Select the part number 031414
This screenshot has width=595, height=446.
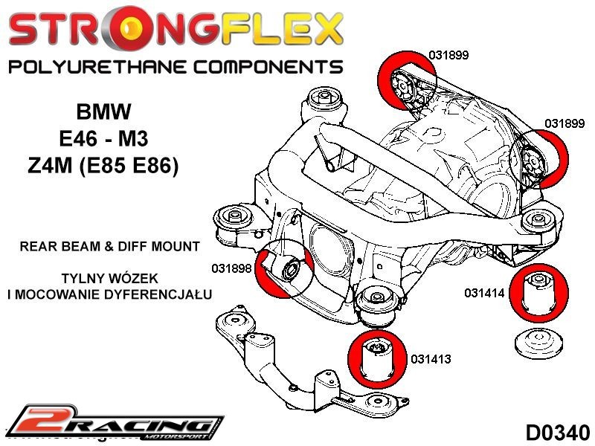click(485, 293)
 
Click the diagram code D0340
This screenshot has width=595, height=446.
click(557, 431)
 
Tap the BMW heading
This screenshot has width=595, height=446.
click(103, 112)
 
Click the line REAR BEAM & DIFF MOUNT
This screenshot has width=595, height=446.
click(109, 245)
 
